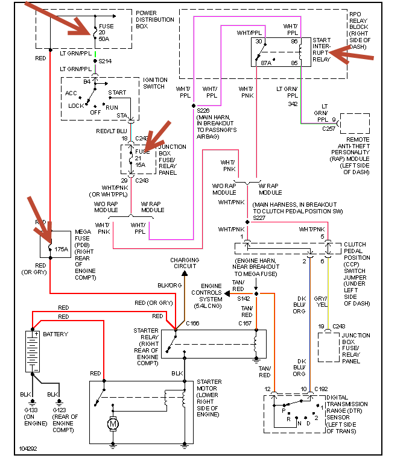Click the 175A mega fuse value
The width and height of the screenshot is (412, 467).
coord(62,249)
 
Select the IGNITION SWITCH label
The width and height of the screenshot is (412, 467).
coord(155,83)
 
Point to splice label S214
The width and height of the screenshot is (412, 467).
coord(106,61)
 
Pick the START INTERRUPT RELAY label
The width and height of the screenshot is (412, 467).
coord(322,53)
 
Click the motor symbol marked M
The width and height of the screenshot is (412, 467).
coord(113,424)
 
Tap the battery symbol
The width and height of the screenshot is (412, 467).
coord(31,351)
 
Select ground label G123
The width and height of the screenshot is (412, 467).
coord(60,410)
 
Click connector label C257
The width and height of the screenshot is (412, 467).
coord(329,128)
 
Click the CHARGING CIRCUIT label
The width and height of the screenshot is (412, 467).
coord(184,264)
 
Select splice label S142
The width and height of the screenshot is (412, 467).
coord(243,298)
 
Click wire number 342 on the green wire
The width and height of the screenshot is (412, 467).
coord(292,103)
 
